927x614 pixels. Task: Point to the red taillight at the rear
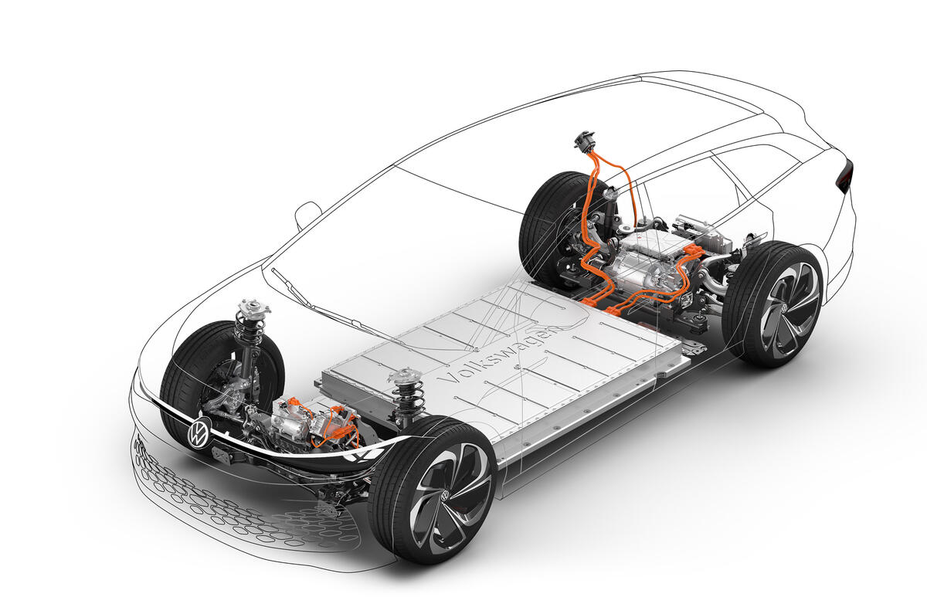tap(844, 177)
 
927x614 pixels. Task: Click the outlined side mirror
tap(307, 215)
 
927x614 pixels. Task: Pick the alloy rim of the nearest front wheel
tap(447, 487)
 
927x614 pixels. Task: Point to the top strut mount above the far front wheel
tap(253, 309)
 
